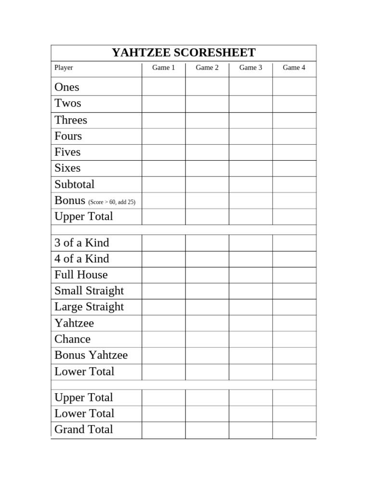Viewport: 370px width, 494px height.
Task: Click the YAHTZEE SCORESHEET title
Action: click(184, 53)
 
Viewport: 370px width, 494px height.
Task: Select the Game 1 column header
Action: click(164, 68)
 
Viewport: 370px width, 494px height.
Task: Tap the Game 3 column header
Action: click(251, 68)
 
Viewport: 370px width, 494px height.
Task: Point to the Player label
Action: click(64, 68)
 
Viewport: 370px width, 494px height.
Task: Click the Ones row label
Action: click(66, 87)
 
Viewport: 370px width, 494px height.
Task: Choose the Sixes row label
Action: click(67, 168)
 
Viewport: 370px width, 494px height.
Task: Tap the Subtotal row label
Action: click(74, 184)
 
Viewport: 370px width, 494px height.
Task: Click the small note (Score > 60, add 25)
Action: click(112, 202)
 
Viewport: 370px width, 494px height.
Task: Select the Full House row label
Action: click(81, 275)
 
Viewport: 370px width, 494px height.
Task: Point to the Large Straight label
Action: click(89, 307)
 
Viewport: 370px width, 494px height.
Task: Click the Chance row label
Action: click(72, 339)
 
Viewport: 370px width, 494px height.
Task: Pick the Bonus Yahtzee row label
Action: click(91, 356)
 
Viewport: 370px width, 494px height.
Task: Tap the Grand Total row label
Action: click(84, 429)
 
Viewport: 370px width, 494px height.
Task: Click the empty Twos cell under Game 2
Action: click(207, 104)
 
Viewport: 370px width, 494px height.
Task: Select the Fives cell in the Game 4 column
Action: click(294, 152)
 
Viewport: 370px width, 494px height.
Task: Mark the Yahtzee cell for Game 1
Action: click(164, 323)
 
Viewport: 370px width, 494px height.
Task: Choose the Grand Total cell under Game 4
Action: click(294, 430)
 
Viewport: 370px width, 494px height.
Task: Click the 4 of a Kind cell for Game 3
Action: click(251, 259)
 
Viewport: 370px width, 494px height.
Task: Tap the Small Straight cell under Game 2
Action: click(207, 291)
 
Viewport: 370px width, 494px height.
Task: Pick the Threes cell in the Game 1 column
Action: click(164, 120)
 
